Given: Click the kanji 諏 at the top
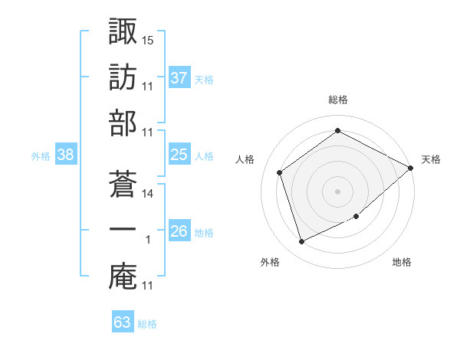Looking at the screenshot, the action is tap(123, 31).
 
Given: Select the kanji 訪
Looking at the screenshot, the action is tap(123, 77).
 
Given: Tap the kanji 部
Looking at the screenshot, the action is tap(123, 123).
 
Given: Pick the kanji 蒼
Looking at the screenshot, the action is tap(123, 184).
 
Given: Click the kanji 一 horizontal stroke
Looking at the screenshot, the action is tap(123, 229).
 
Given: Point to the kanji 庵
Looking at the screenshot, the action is tap(123, 277).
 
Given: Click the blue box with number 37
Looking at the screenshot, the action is tap(179, 77).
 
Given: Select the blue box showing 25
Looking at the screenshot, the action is tap(179, 154).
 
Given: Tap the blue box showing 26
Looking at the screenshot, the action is tap(179, 230).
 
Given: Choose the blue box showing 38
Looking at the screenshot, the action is tap(66, 154).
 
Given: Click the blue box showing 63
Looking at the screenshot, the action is tap(123, 321).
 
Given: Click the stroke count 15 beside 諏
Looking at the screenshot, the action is tap(147, 41).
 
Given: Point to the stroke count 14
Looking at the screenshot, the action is tap(147, 194).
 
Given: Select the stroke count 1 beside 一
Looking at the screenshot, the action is tap(148, 240).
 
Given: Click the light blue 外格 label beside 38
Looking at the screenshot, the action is tap(41, 156).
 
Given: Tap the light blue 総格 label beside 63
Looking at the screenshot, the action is tap(147, 324).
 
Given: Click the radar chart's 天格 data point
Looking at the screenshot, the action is tap(410, 168).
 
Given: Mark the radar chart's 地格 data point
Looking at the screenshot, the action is tap(356, 216).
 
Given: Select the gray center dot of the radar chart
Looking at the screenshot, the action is tap(337, 191).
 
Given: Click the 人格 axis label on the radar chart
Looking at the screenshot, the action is tap(245, 159).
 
